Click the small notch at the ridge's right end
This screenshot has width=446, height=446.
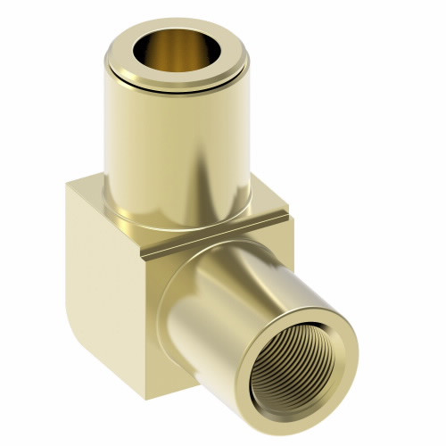pyautogui.click(x=284, y=214)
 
